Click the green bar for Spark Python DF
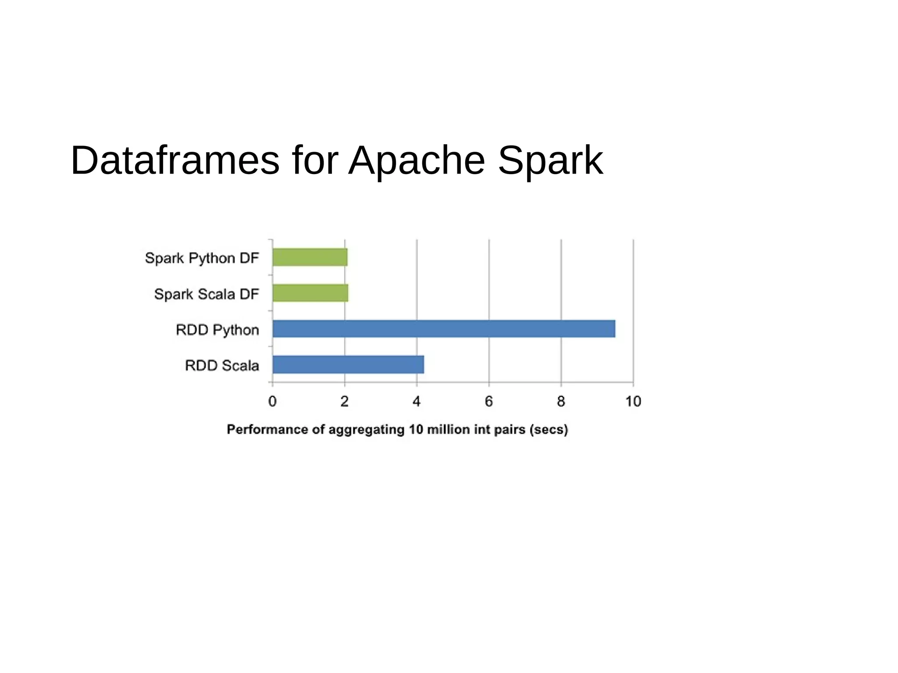click(310, 257)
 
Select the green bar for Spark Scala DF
click(310, 293)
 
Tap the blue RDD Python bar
click(443, 329)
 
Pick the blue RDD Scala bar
click(348, 364)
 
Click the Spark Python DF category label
click(202, 258)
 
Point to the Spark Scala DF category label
click(207, 294)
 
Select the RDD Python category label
click(217, 330)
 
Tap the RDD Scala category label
click(222, 365)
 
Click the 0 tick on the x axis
click(272, 401)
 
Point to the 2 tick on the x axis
click(345, 401)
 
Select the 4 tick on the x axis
click(417, 401)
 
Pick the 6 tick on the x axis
click(489, 401)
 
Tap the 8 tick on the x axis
click(561, 401)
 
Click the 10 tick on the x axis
click(633, 401)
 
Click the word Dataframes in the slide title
click(175, 160)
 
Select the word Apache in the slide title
click(417, 160)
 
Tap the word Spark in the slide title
click(550, 160)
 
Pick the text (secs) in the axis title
click(549, 429)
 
